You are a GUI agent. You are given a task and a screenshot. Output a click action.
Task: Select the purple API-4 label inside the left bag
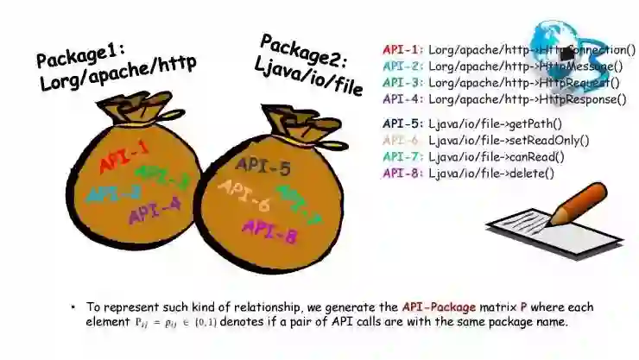(155, 209)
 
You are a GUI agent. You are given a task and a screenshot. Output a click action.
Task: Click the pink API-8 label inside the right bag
(269, 228)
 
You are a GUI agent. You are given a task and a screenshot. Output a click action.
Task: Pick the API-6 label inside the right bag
(244, 196)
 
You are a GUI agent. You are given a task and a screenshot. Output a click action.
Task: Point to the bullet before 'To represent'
(75, 307)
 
